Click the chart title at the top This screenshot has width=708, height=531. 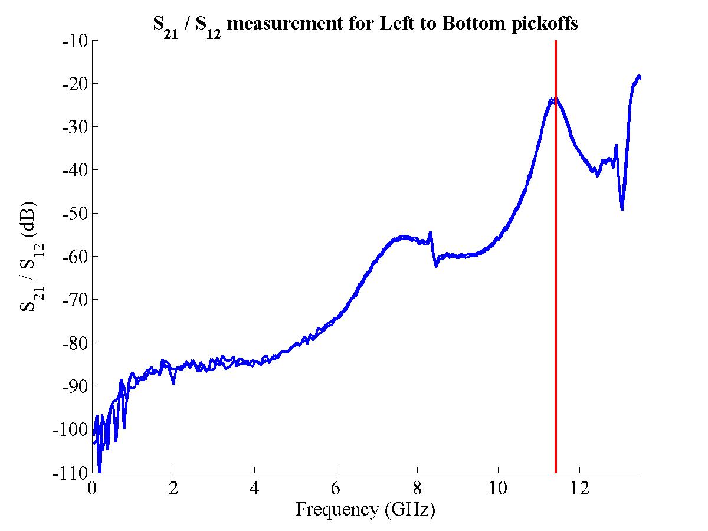[x=366, y=24]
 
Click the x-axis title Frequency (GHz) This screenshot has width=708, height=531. [x=365, y=509]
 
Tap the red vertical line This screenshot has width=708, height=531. [x=556, y=295]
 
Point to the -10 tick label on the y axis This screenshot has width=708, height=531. [x=75, y=41]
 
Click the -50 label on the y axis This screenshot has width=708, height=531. [x=75, y=213]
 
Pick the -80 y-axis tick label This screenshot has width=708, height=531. [x=75, y=343]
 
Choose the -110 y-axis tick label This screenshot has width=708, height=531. [x=72, y=473]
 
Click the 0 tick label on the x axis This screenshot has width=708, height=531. [x=92, y=489]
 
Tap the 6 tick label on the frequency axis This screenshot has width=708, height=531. [x=336, y=489]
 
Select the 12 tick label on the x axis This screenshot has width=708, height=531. [x=580, y=489]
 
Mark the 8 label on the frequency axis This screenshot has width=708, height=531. [x=417, y=489]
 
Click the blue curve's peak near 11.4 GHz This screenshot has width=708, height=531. [x=553, y=100]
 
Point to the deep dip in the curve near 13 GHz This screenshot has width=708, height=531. [x=622, y=208]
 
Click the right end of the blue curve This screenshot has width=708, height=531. [x=640, y=77]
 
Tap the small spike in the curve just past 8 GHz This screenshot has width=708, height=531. [x=431, y=233]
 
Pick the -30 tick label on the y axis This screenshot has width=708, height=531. [x=75, y=127]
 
